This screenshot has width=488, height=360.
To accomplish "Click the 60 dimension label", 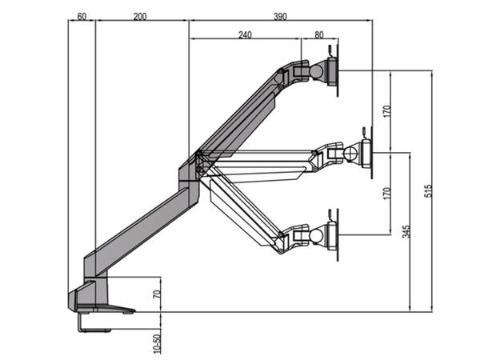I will pyautogui.click(x=82, y=16).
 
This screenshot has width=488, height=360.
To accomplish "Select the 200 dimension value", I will pyautogui.click(x=140, y=16).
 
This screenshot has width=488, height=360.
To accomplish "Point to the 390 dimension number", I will pyautogui.click(x=280, y=16).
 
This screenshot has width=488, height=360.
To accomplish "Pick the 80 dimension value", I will pyautogui.click(x=319, y=34).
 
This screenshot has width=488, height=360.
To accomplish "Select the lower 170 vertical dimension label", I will pyautogui.click(x=387, y=193).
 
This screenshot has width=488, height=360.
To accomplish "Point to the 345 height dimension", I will pyautogui.click(x=407, y=232).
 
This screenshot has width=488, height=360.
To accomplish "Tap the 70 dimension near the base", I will pyautogui.click(x=158, y=294).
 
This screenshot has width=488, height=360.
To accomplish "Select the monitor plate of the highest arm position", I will pyautogui.click(x=334, y=70).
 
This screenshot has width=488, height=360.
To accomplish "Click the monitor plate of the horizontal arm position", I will pyautogui.click(x=367, y=151).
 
